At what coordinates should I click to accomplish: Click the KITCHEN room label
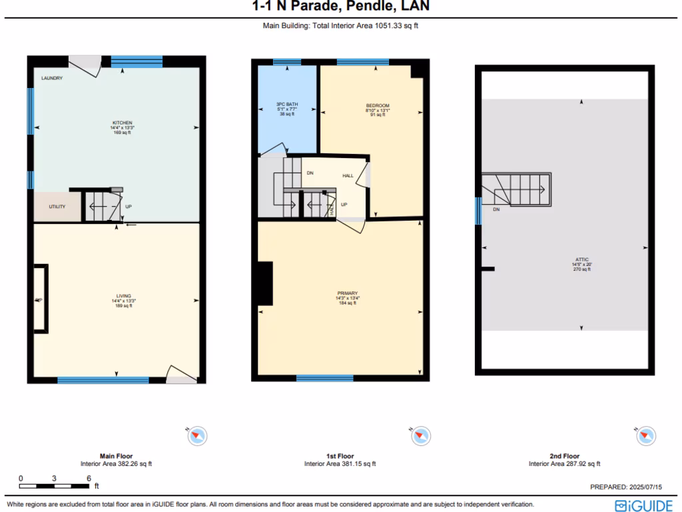click(x=122, y=123)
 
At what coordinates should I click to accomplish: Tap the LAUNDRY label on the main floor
click(x=52, y=78)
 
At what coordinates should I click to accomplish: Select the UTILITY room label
click(x=57, y=207)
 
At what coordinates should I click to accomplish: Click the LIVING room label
click(x=124, y=296)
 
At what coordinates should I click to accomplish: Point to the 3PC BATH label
click(x=287, y=105)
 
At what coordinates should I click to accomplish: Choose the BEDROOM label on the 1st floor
click(x=378, y=105)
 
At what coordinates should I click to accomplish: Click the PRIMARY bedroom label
click(x=348, y=293)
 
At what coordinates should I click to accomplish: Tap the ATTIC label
click(x=582, y=260)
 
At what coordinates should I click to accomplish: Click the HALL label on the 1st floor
click(x=348, y=176)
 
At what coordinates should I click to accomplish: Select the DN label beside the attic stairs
click(x=496, y=209)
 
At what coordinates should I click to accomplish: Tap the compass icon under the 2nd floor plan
click(x=645, y=436)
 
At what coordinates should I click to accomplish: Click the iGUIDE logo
click(x=643, y=505)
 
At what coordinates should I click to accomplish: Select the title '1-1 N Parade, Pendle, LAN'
click(x=340, y=7)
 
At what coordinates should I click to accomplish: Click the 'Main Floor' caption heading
click(x=117, y=457)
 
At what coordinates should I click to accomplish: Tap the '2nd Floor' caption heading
click(x=563, y=457)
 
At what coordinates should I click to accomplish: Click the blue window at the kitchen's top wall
click(x=137, y=61)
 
